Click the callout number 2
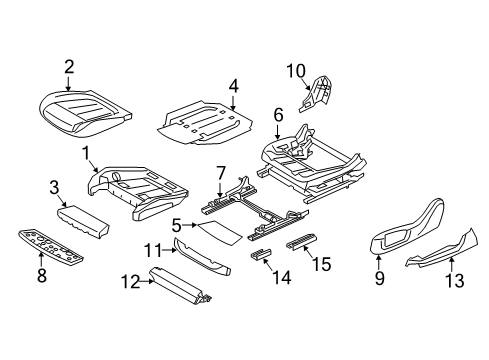[x=69, y=67]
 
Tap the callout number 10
[x=296, y=69]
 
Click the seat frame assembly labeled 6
[x=320, y=160]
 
